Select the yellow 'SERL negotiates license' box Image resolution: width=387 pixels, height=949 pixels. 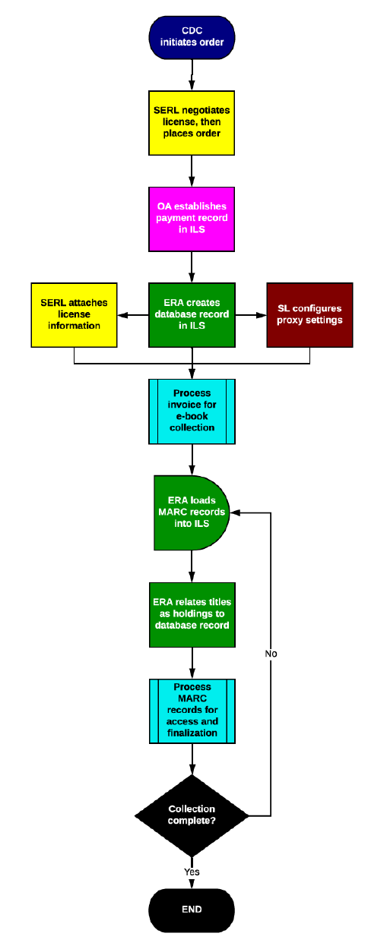tap(192, 122)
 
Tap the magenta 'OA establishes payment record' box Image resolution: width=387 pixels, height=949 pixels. tap(192, 218)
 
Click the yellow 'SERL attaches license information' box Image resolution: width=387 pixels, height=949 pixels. tap(74, 314)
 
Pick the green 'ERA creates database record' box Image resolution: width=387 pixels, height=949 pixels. tap(192, 314)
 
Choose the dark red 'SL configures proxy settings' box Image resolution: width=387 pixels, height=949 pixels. tap(309, 314)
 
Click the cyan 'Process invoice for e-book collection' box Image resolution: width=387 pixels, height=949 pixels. tap(192, 411)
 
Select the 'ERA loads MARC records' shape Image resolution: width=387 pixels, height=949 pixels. tap(190, 512)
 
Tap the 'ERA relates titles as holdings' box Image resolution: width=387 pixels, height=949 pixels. tap(192, 614)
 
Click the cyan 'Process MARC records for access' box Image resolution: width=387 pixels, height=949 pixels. tap(192, 711)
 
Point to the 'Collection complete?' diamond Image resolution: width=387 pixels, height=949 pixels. tap(192, 815)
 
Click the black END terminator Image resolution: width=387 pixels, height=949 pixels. tap(192, 909)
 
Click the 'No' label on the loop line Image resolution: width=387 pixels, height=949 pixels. tap(271, 653)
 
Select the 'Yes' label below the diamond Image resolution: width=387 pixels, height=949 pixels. tap(192, 872)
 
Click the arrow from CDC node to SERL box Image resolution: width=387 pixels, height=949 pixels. tap(192, 75)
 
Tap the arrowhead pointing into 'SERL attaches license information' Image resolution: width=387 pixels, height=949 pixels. tap(122, 314)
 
